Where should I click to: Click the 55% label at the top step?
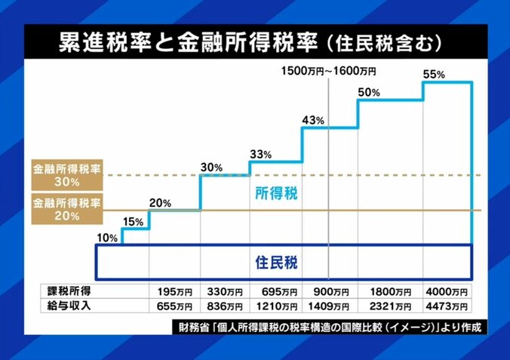(x=435, y=74)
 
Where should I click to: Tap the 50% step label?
(x=369, y=92)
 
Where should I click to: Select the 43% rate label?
(x=312, y=120)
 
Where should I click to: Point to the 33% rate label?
(x=260, y=154)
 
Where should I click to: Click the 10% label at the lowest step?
(x=107, y=238)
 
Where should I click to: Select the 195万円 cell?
(x=174, y=291)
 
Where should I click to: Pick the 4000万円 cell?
(x=448, y=291)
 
